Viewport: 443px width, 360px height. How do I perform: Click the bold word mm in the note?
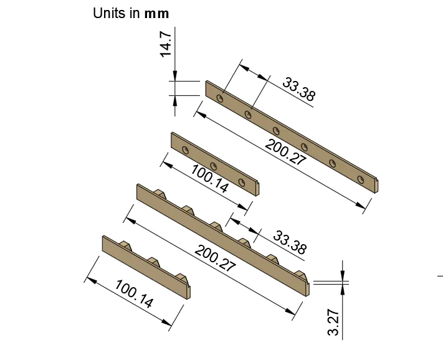click(x=156, y=14)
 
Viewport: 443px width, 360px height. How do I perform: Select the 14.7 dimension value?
click(x=166, y=44)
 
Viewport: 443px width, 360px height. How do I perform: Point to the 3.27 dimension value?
click(x=333, y=323)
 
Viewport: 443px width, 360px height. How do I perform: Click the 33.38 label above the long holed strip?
click(x=298, y=89)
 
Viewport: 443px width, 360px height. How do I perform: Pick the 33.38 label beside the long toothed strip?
click(x=290, y=242)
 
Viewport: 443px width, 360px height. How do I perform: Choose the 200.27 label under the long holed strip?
click(x=285, y=152)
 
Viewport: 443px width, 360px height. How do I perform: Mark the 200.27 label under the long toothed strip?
click(x=215, y=258)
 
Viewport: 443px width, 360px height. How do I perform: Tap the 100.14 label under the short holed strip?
click(x=209, y=179)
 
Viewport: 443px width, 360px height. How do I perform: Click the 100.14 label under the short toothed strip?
click(x=135, y=293)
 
